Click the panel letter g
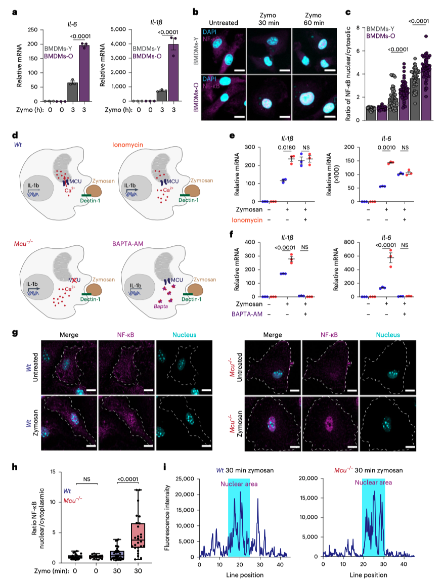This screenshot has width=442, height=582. (15, 334)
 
